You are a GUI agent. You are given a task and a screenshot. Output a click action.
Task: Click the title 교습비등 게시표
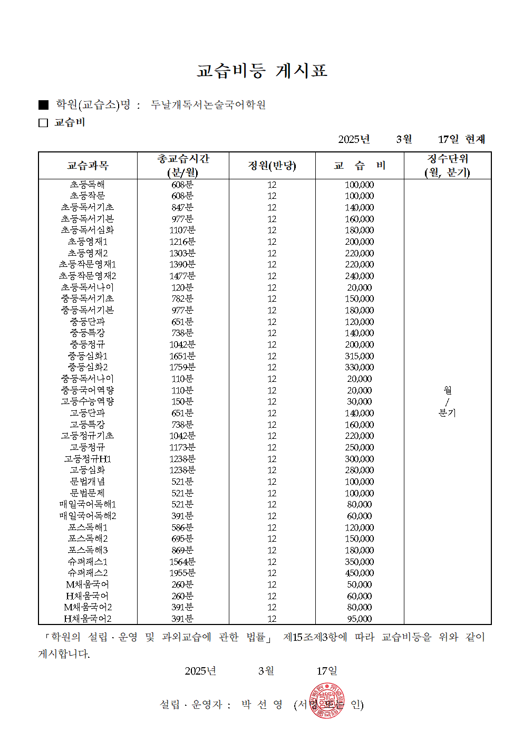click(x=261, y=71)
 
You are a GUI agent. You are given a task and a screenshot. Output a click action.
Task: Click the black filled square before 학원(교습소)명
click(x=43, y=105)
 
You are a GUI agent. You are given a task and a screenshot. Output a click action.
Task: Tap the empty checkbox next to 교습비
click(x=43, y=123)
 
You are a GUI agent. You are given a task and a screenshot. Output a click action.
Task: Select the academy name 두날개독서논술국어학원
click(x=208, y=105)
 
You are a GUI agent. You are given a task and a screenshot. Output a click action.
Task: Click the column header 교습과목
click(x=88, y=166)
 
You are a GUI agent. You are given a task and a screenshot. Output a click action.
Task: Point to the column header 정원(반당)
click(x=272, y=166)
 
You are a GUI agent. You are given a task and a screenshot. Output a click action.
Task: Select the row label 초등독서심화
click(x=88, y=230)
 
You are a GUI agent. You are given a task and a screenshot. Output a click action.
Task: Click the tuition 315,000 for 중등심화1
click(x=360, y=356)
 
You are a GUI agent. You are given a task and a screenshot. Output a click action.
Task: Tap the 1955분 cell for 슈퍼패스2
click(x=182, y=573)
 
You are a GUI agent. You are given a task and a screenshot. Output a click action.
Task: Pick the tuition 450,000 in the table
click(x=360, y=573)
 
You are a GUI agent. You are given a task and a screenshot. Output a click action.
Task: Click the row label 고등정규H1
click(x=88, y=459)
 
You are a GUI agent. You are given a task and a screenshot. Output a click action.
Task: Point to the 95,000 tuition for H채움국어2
click(x=360, y=619)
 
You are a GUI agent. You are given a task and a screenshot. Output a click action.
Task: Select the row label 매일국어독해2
click(x=88, y=516)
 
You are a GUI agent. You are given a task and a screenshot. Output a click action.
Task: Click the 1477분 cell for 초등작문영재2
click(x=182, y=276)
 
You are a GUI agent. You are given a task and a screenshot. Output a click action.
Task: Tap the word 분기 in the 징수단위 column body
click(x=447, y=413)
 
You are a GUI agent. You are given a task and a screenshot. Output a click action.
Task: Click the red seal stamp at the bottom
click(x=327, y=701)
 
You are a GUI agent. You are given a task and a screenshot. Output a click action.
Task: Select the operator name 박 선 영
click(x=262, y=705)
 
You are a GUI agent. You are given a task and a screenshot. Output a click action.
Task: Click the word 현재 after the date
click(x=475, y=139)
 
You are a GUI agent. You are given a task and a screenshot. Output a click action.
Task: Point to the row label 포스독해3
click(x=88, y=550)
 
